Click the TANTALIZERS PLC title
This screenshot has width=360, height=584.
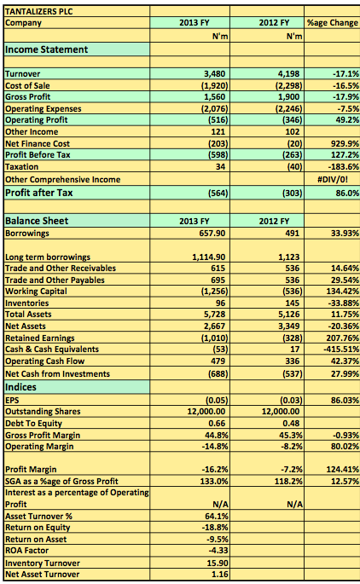coord(38,12)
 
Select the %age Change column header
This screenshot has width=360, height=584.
coord(333,23)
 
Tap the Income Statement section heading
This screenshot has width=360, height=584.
coord(47,49)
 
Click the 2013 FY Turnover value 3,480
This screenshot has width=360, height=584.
coord(214,73)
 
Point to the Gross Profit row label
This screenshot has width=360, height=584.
coord(27,97)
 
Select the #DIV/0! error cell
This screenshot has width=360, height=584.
coord(333,179)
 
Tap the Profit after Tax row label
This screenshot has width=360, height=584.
coord(38,193)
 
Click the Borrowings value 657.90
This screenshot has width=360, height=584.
coord(212,233)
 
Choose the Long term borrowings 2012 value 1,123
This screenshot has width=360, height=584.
coord(289,257)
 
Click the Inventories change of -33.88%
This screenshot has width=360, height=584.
coord(343,303)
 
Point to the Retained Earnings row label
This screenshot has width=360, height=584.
coord(40,338)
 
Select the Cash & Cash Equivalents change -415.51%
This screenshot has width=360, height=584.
coord(341,349)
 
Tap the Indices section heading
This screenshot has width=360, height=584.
coord(20,387)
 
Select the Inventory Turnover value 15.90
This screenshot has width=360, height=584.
coord(218,563)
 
